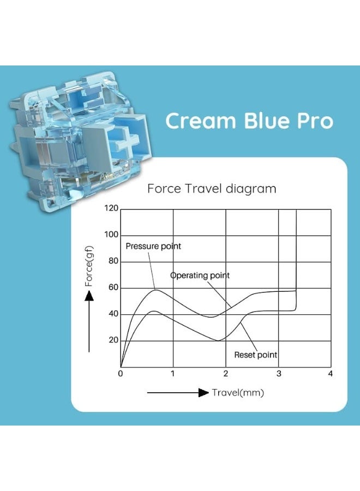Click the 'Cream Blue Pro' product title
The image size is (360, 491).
tap(249, 121)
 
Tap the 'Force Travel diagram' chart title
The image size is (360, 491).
tap(212, 189)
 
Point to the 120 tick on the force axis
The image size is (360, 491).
tap(111, 208)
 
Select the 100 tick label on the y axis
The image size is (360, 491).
tap(111, 234)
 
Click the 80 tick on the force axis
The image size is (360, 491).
tap(113, 261)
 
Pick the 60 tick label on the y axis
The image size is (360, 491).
tap(113, 287)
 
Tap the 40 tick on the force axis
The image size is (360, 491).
tap(113, 314)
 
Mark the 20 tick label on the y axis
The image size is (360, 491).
tap(113, 340)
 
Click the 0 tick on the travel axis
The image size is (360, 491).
tap(121, 374)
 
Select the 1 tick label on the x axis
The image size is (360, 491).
tap(173, 374)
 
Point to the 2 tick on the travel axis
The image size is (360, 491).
tap(226, 374)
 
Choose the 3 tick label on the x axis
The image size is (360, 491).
tap(279, 374)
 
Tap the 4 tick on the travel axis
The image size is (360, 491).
tap(330, 374)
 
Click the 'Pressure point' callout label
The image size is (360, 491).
tap(153, 246)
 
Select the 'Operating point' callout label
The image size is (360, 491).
tap(200, 276)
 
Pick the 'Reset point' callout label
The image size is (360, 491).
tap(256, 355)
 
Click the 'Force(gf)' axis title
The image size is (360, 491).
tap(89, 266)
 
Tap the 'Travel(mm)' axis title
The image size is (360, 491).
tap(238, 393)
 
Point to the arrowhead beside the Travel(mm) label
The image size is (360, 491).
tap(204, 392)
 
